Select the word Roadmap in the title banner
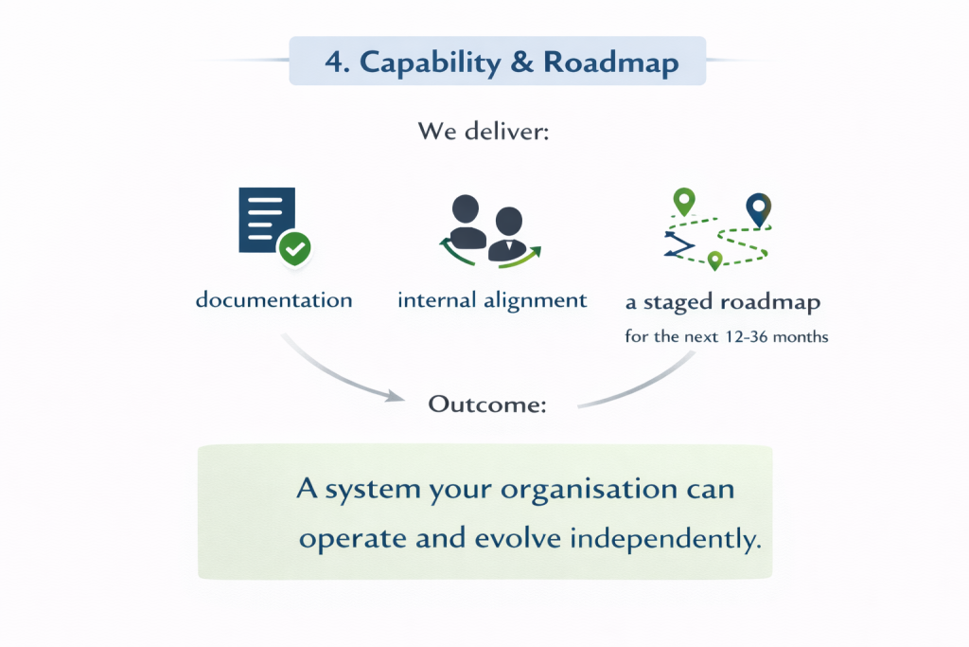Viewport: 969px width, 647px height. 610,63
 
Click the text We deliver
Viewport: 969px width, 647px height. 484,132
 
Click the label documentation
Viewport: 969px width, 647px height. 273,300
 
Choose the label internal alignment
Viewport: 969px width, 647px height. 492,300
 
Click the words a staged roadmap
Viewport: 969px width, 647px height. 723,303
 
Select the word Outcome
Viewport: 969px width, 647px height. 486,404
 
